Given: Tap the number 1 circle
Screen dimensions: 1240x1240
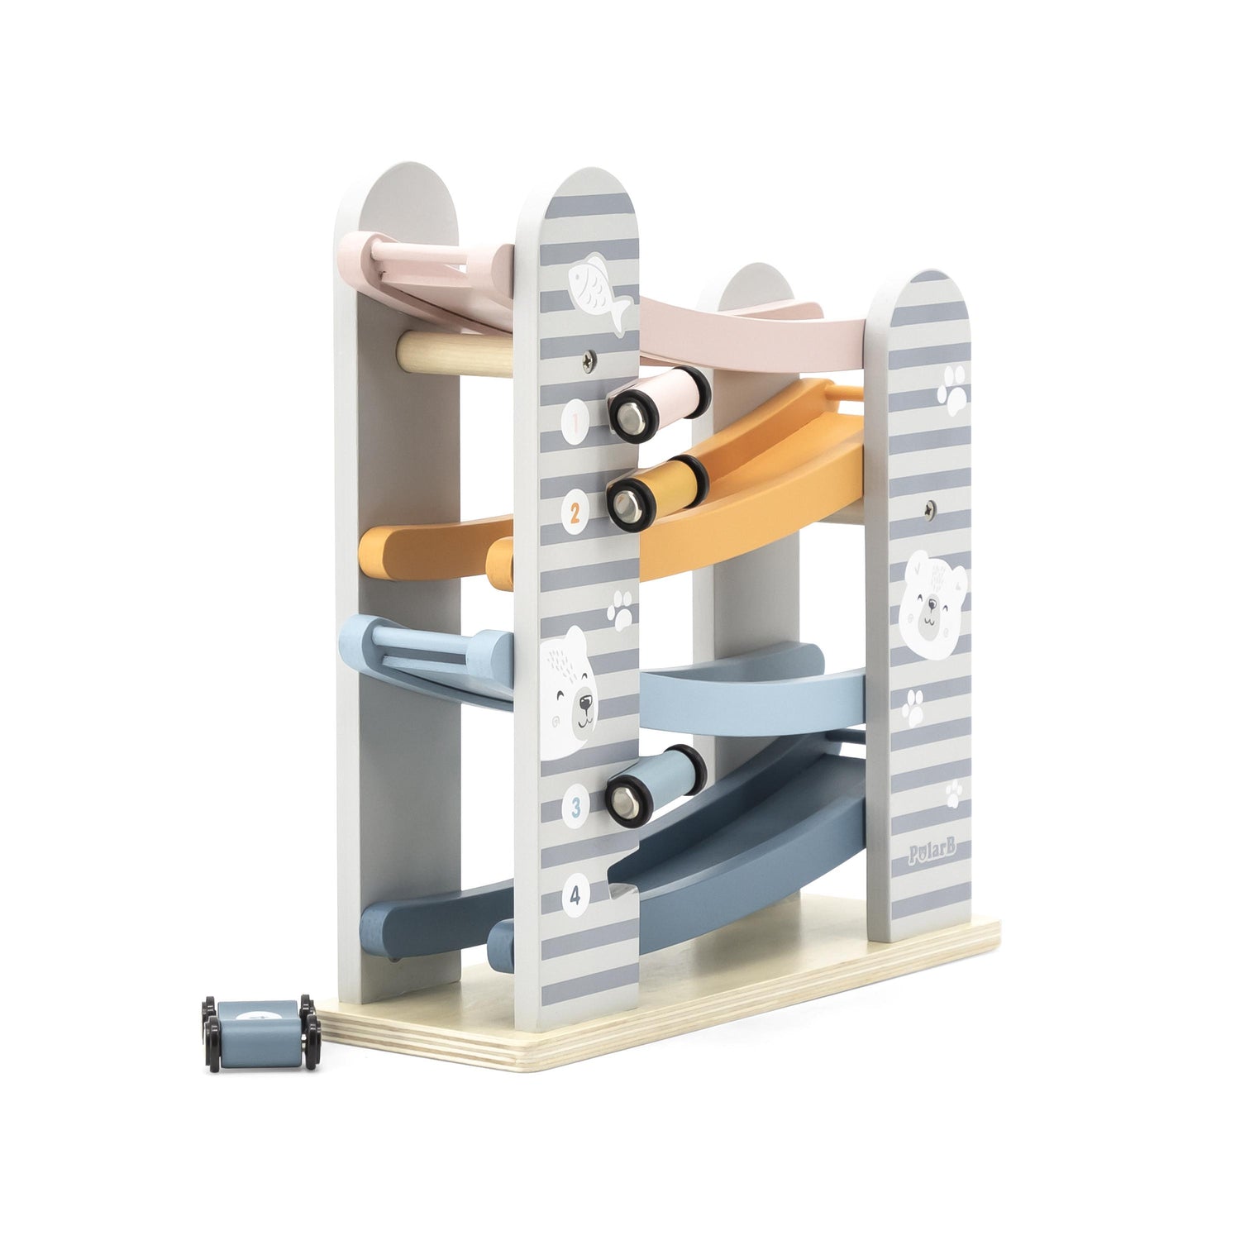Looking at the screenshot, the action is [575, 422].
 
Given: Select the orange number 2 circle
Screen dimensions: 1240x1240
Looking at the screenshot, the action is [575, 513].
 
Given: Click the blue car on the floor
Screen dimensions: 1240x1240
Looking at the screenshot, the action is [260, 1032].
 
